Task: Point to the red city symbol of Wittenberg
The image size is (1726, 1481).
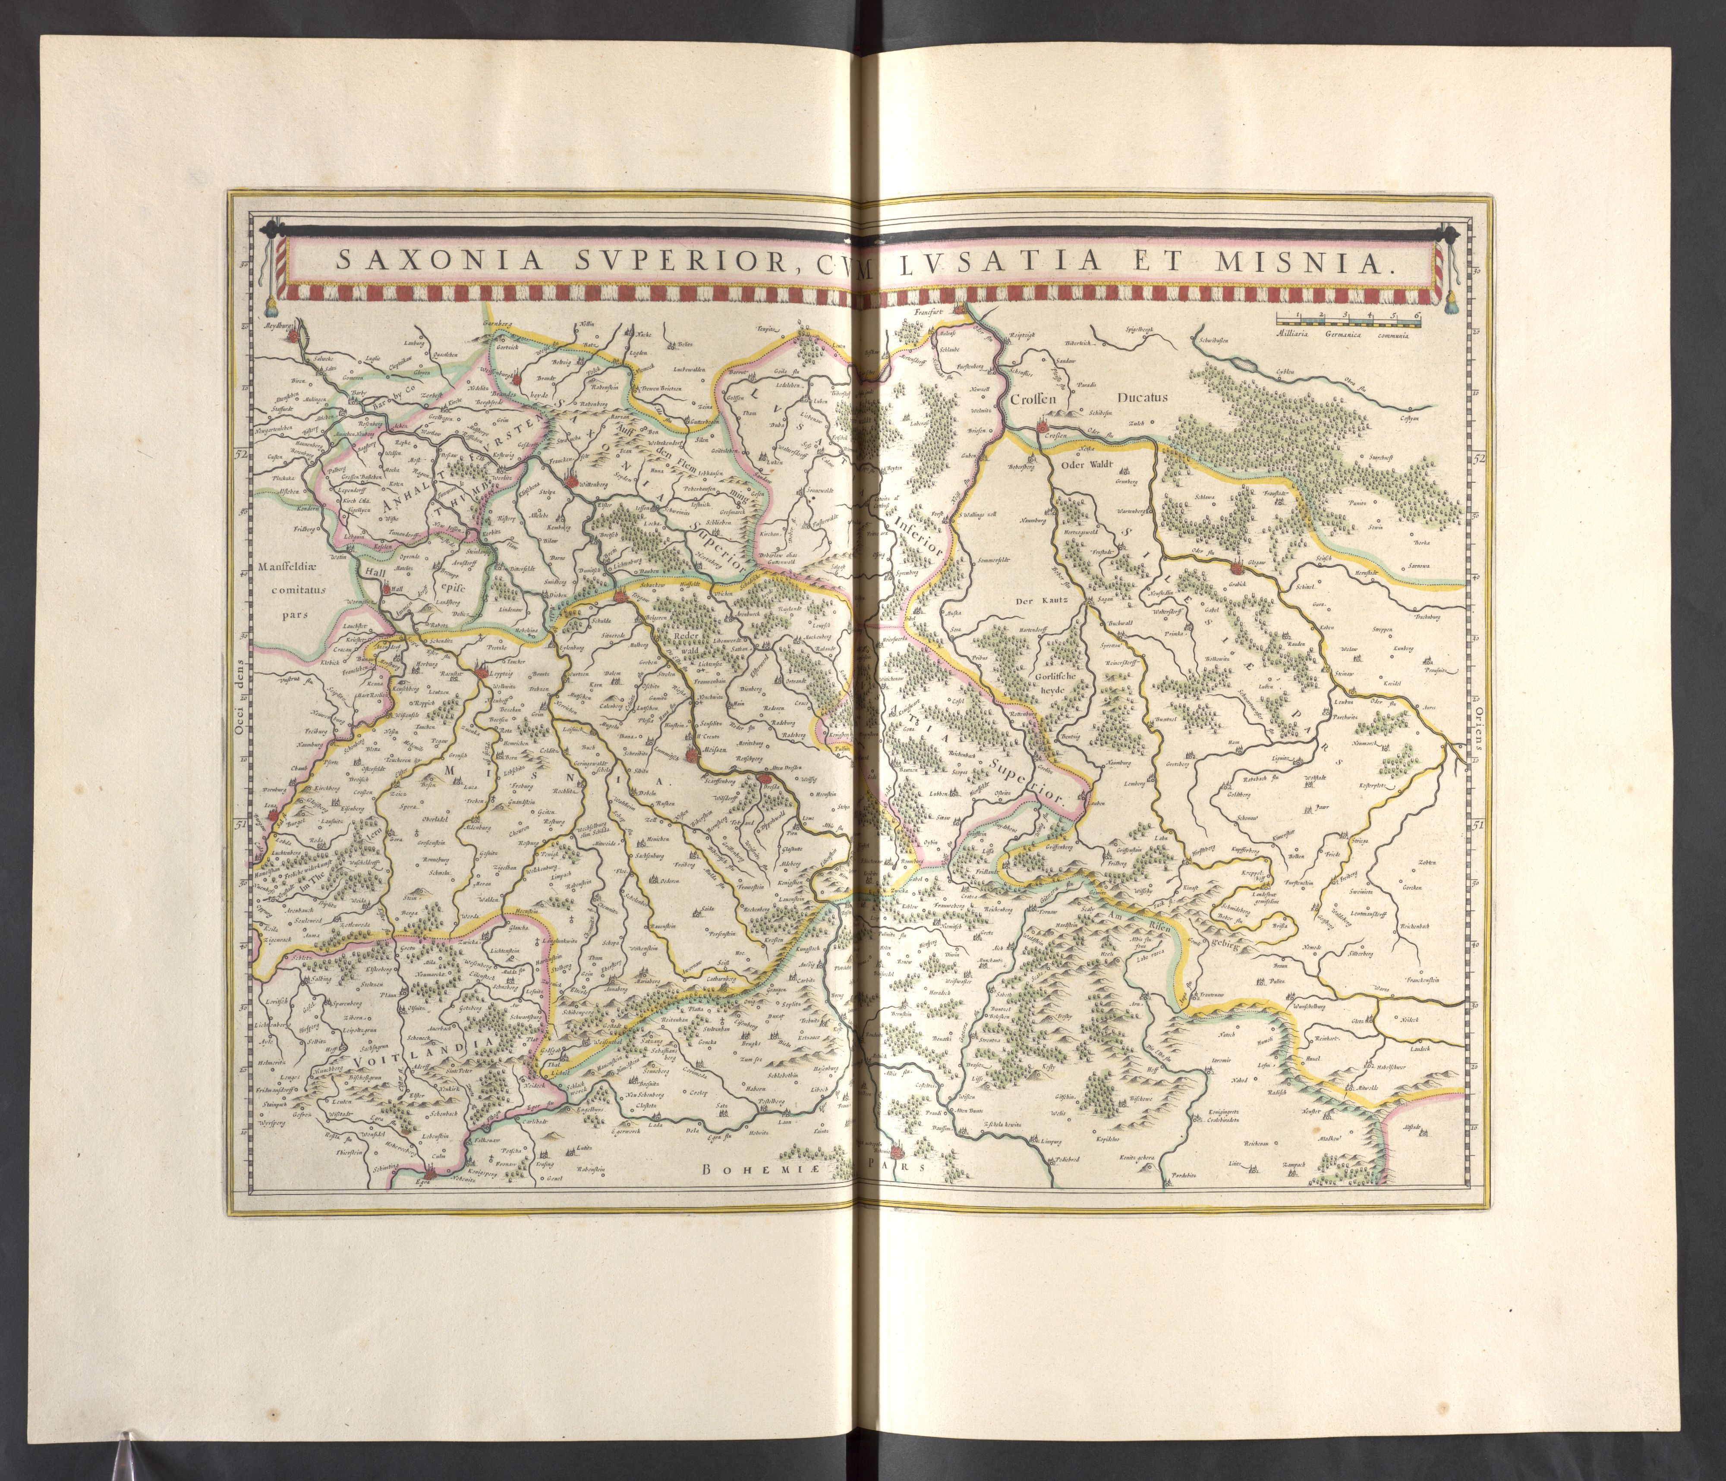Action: pyautogui.click(x=571, y=481)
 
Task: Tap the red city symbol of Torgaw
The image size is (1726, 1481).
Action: pyautogui.click(x=620, y=596)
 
